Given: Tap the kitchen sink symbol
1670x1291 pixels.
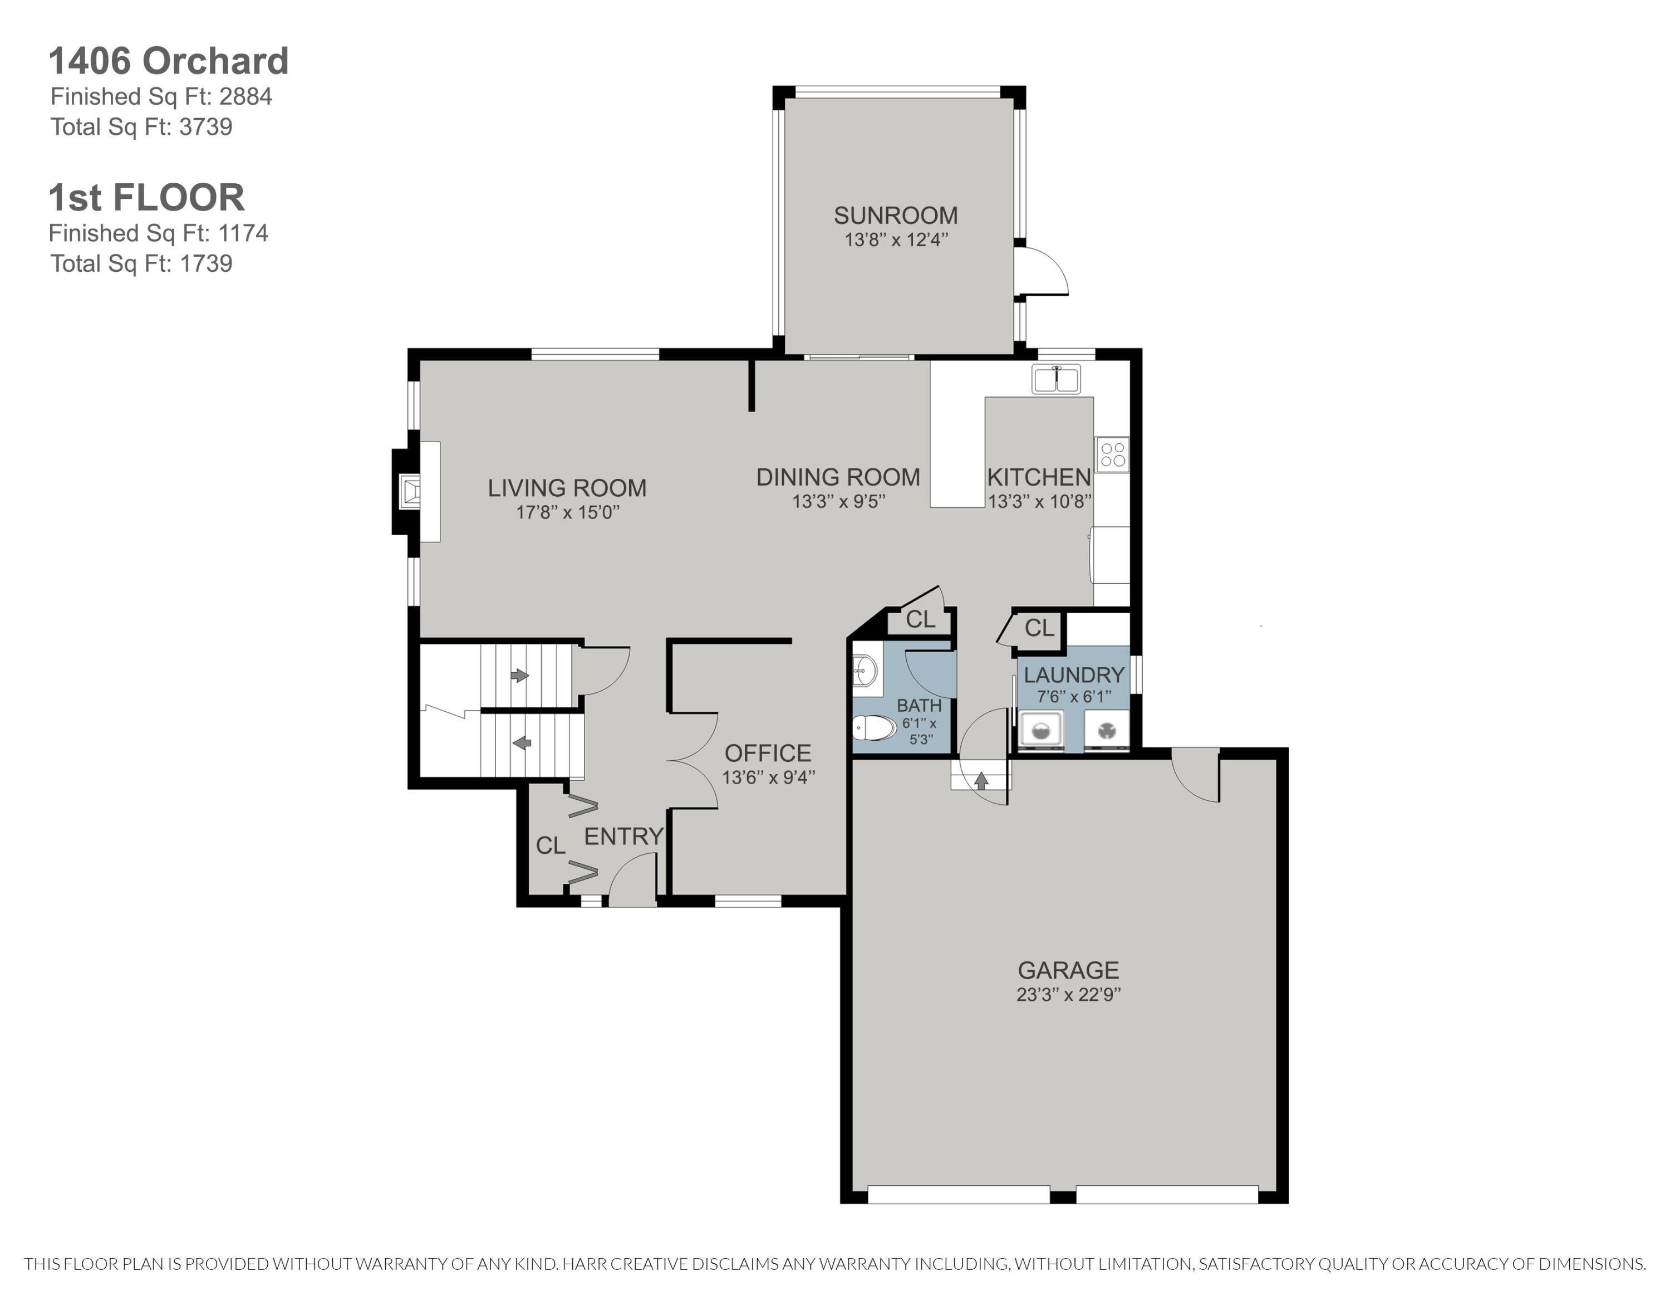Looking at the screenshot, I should pos(1055,379).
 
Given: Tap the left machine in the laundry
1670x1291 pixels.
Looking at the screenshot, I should pos(1042,730).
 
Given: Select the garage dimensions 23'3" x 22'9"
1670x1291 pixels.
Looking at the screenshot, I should pos(1068,994).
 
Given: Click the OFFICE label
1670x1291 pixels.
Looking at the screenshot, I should pos(768,754).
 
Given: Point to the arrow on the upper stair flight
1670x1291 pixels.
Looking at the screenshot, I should pos(520,676).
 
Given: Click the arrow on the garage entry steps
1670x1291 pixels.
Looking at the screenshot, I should pos(981,781).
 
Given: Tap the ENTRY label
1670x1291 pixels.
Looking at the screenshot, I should pos(623,837).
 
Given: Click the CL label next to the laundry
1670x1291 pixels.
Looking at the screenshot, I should pos(1039,628).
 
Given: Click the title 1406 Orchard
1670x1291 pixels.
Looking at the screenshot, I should pos(168,61).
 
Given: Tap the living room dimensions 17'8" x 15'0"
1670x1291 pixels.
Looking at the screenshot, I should pos(567,512).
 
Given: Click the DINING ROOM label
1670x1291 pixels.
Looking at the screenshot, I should pos(838,477).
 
